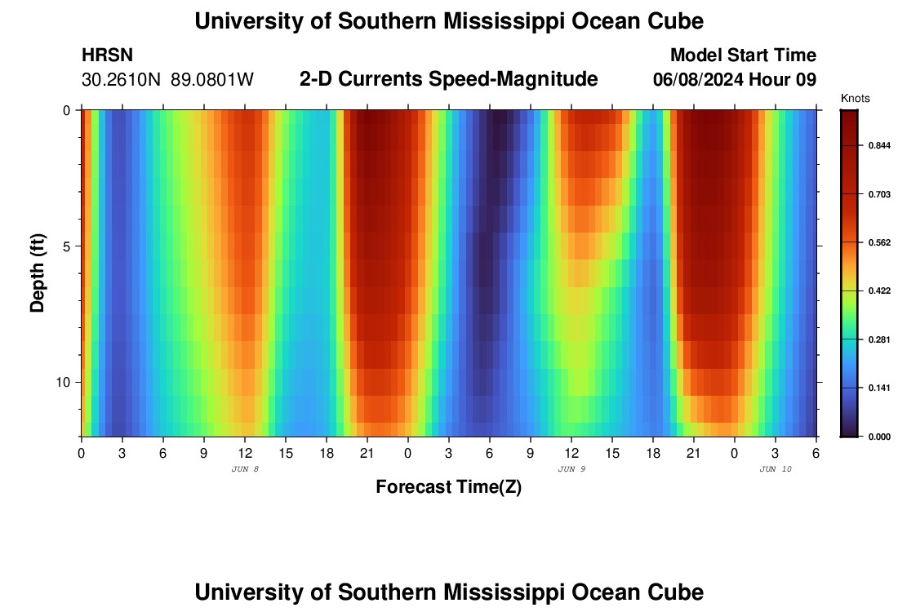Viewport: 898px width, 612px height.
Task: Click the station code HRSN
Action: point(107,55)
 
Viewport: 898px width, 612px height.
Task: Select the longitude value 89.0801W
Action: point(212,80)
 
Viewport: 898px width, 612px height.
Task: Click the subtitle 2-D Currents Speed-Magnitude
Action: point(449,79)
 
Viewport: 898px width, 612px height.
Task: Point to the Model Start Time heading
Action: point(743,55)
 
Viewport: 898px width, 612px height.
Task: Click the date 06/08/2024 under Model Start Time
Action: point(698,80)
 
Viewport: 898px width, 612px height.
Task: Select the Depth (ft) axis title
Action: point(38,273)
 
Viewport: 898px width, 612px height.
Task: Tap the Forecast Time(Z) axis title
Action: point(448,487)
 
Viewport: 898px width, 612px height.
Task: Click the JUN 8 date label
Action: point(245,469)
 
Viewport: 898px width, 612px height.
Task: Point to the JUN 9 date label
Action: point(571,469)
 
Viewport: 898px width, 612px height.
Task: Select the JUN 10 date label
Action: point(776,469)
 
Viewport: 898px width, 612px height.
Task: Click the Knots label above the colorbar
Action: point(855,99)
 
